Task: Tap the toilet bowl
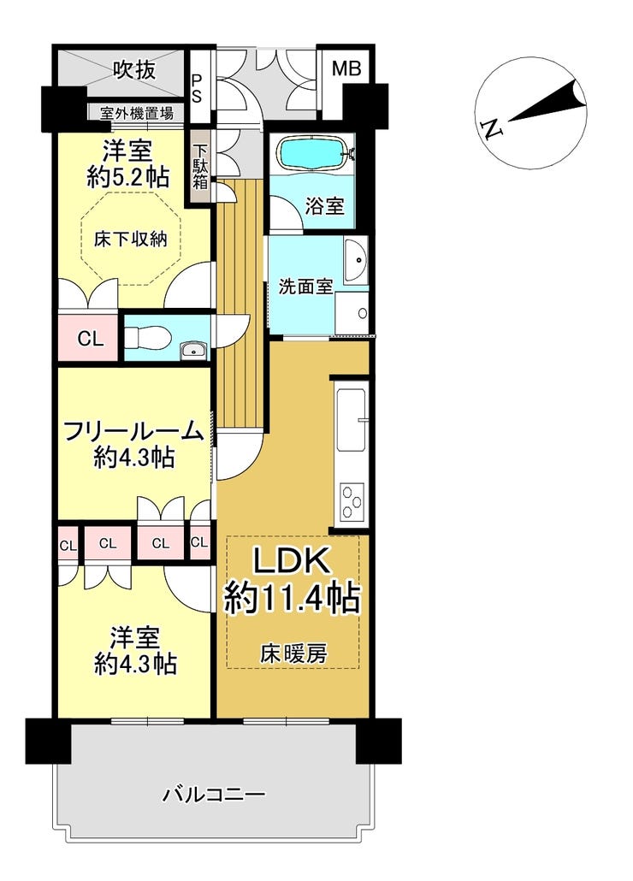[146, 338]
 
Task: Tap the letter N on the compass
[492, 130]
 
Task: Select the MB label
[346, 69]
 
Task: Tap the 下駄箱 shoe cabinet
[200, 166]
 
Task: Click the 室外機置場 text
[137, 114]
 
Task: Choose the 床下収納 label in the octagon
[131, 239]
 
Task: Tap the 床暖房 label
[293, 653]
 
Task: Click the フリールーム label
[133, 431]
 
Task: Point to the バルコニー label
[214, 795]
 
